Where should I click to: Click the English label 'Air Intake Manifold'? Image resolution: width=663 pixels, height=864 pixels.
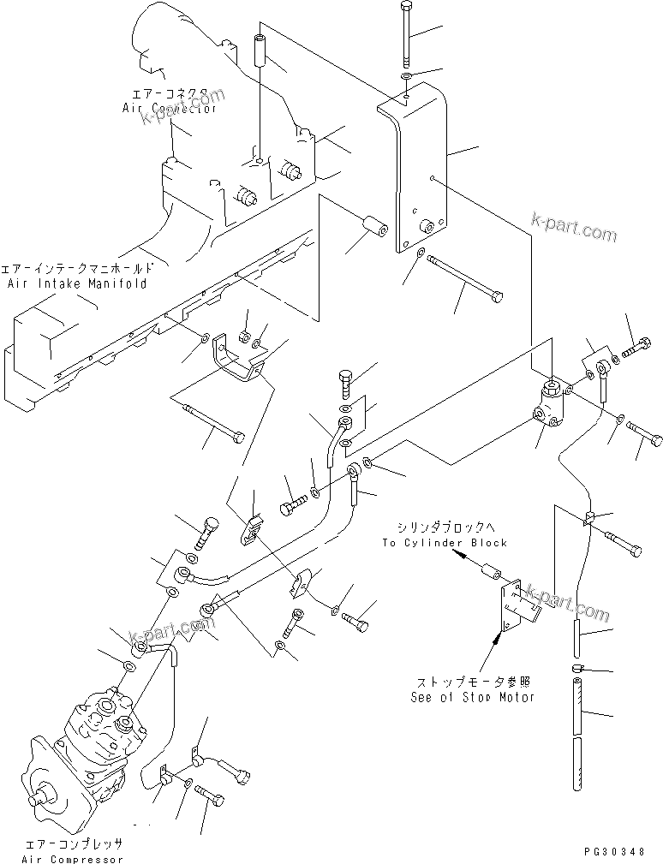coord(76,283)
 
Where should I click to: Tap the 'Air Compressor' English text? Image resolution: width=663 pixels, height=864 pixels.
coord(74,858)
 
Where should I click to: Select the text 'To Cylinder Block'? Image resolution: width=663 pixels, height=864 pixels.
coord(445,543)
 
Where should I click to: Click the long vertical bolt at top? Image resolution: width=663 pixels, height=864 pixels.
coord(405,34)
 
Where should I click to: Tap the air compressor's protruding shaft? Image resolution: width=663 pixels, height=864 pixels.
coord(38,801)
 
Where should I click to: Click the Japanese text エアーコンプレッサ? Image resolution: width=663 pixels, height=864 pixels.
coord(74,843)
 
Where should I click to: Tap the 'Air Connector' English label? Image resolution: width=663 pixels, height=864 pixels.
coord(169,109)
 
